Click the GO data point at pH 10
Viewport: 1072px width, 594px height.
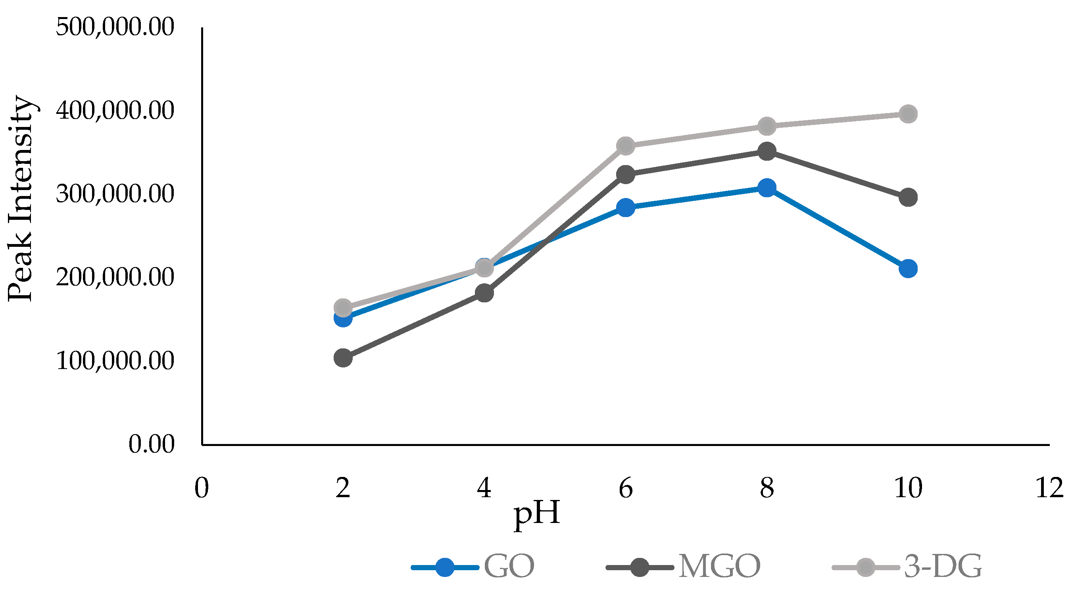coord(908,269)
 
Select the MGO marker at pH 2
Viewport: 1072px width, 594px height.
coord(343,358)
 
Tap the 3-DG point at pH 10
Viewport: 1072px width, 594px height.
coord(908,113)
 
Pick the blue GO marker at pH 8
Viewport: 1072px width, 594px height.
coord(767,188)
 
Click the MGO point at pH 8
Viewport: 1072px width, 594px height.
coord(767,152)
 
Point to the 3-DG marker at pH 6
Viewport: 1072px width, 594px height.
coord(626,146)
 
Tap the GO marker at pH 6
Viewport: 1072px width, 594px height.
coord(626,207)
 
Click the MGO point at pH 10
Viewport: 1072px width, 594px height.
coord(908,197)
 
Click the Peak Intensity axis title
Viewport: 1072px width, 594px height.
coord(20,198)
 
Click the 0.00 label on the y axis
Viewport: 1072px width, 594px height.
coord(151,444)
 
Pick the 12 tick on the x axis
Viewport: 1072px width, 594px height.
coord(1049,488)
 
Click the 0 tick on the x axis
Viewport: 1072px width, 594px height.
coord(202,488)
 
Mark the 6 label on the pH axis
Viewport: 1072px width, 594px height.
coord(626,488)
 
